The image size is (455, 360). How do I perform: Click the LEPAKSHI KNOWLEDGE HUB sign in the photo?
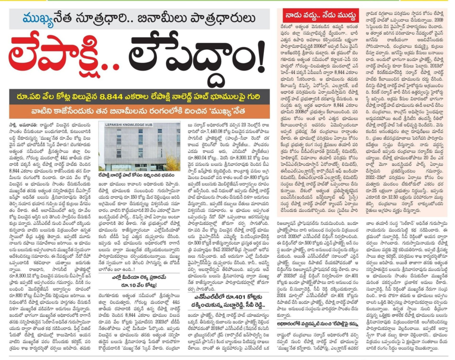coord(129,126)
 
